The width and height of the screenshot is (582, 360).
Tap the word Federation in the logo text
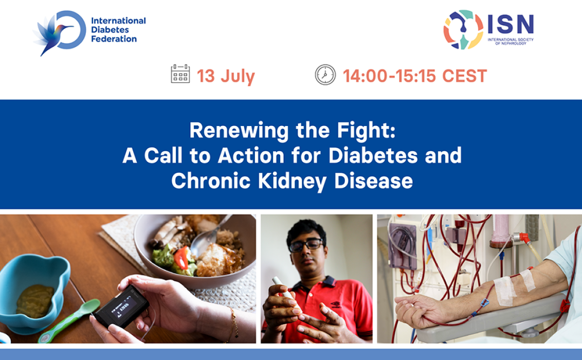click(x=114, y=39)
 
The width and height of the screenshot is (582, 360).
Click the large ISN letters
click(x=511, y=25)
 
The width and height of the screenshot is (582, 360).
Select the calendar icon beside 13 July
click(x=180, y=74)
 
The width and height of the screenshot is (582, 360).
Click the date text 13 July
click(x=226, y=76)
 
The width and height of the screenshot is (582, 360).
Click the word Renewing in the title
click(x=239, y=131)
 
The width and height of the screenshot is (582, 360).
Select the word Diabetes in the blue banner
click(x=373, y=155)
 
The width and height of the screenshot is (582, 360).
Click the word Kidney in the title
click(x=293, y=181)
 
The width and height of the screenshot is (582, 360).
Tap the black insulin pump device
click(x=121, y=307)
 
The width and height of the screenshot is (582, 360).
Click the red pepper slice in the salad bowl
click(x=181, y=257)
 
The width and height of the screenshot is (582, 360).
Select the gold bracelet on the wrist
click(x=233, y=323)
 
